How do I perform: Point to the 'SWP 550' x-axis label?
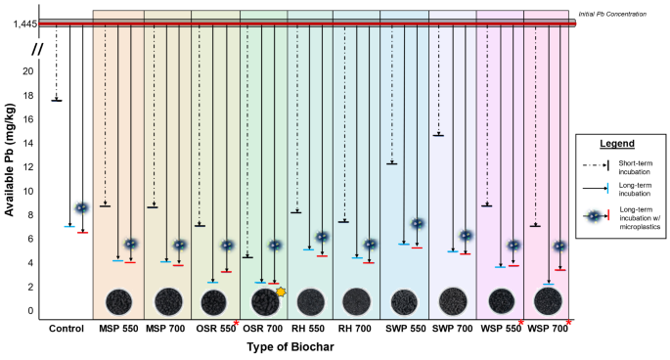pos(405,329)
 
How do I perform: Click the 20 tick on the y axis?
pos(29,71)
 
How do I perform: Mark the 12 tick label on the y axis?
pos(29,167)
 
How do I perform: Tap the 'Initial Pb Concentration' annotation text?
pos(618,14)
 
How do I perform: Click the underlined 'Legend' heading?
pos(616,144)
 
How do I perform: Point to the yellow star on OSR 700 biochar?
pos(282,292)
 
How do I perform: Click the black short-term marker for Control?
pos(57,100)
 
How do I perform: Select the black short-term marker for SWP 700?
pos(438,135)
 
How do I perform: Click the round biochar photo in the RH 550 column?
pos(310,299)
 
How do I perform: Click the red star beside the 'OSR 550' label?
pos(237,322)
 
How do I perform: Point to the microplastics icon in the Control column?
pos(82,208)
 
